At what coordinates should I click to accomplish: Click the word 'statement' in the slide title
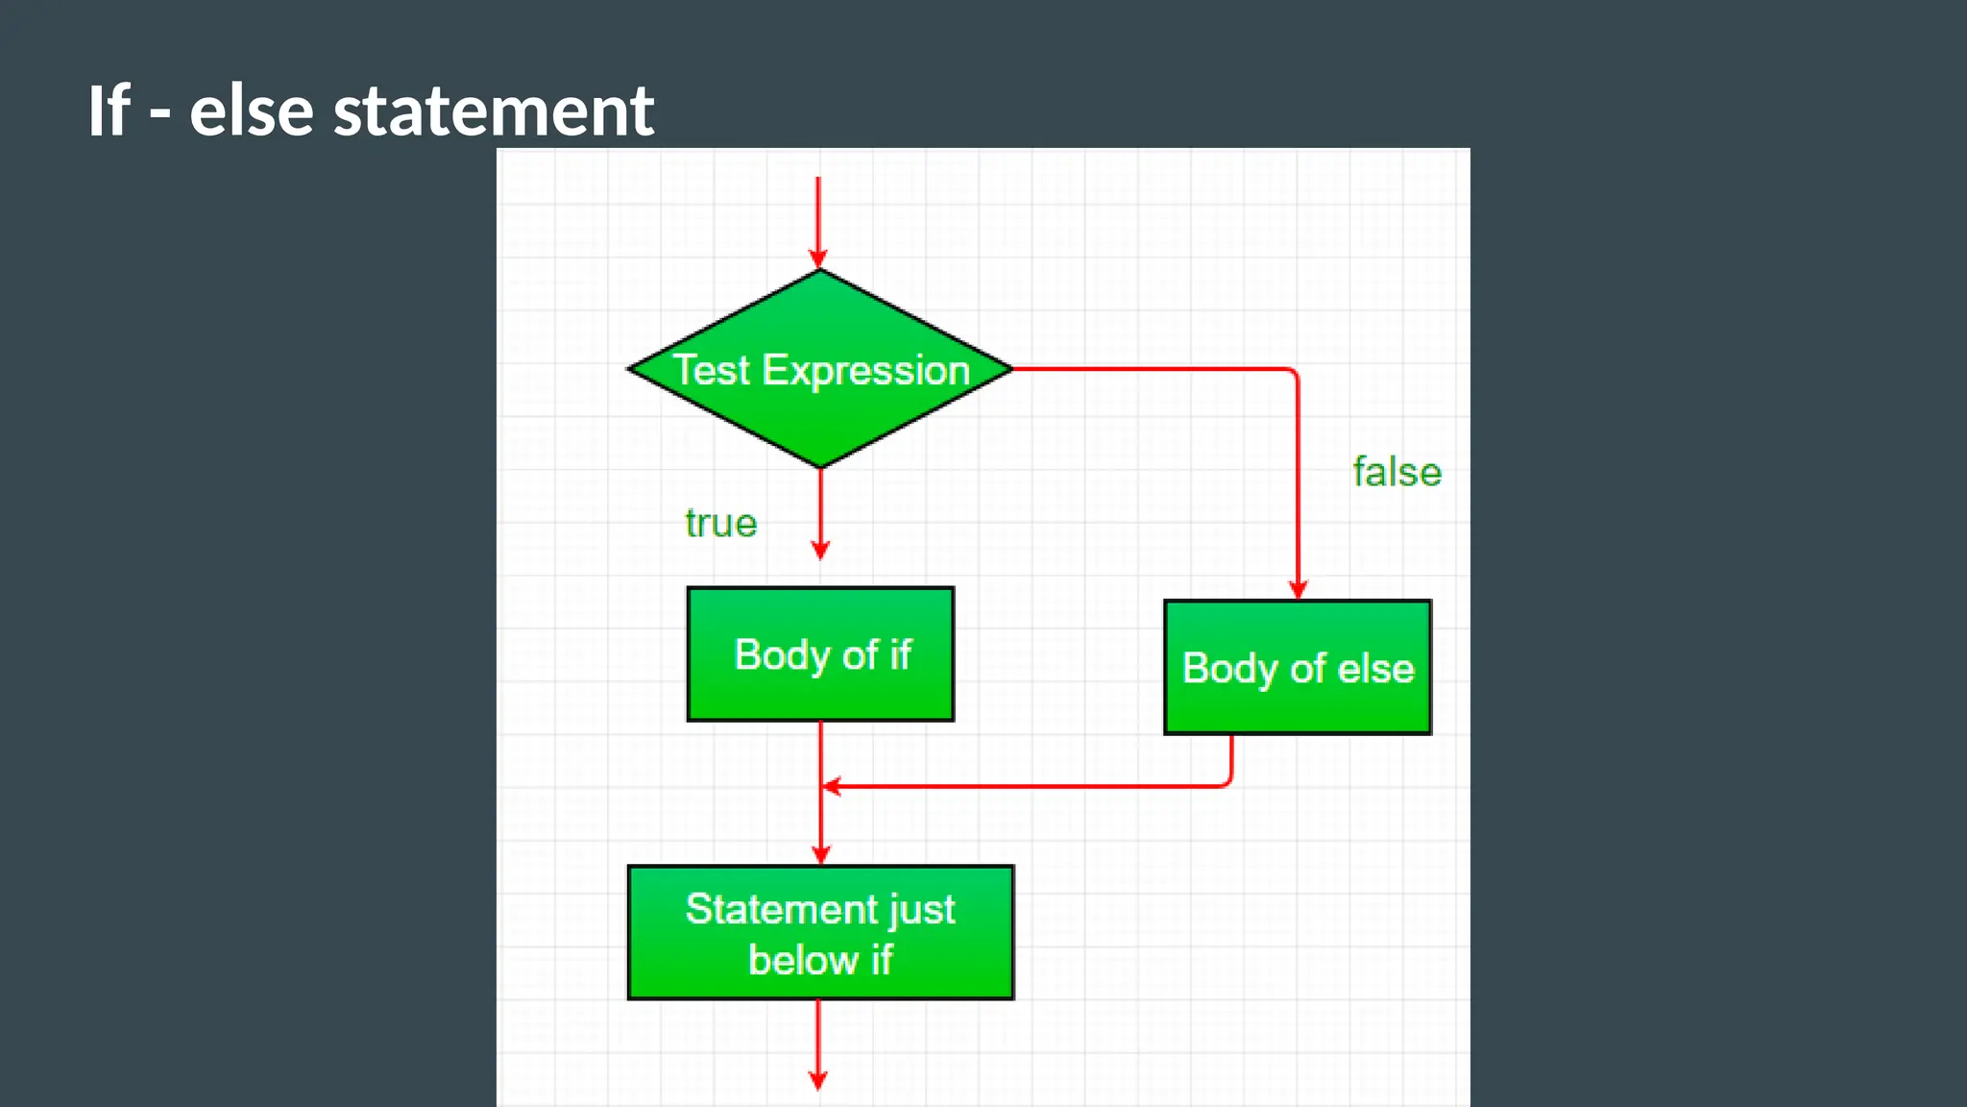pos(494,111)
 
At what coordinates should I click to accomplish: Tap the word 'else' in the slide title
pos(252,111)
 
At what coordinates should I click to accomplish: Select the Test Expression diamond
pos(820,423)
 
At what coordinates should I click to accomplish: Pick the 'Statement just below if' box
pos(820,933)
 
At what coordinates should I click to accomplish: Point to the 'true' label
pos(720,524)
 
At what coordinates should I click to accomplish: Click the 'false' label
pos(1396,473)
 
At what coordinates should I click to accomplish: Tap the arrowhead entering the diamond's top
pos(818,258)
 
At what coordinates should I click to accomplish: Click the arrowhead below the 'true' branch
pos(820,550)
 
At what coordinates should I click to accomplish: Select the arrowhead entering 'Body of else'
pos(1298,589)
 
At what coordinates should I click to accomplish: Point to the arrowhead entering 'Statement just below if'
pos(820,854)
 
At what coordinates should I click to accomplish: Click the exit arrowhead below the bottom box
pos(818,1080)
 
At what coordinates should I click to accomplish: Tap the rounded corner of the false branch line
pos(1293,373)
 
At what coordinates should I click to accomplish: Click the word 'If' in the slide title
pos(109,111)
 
